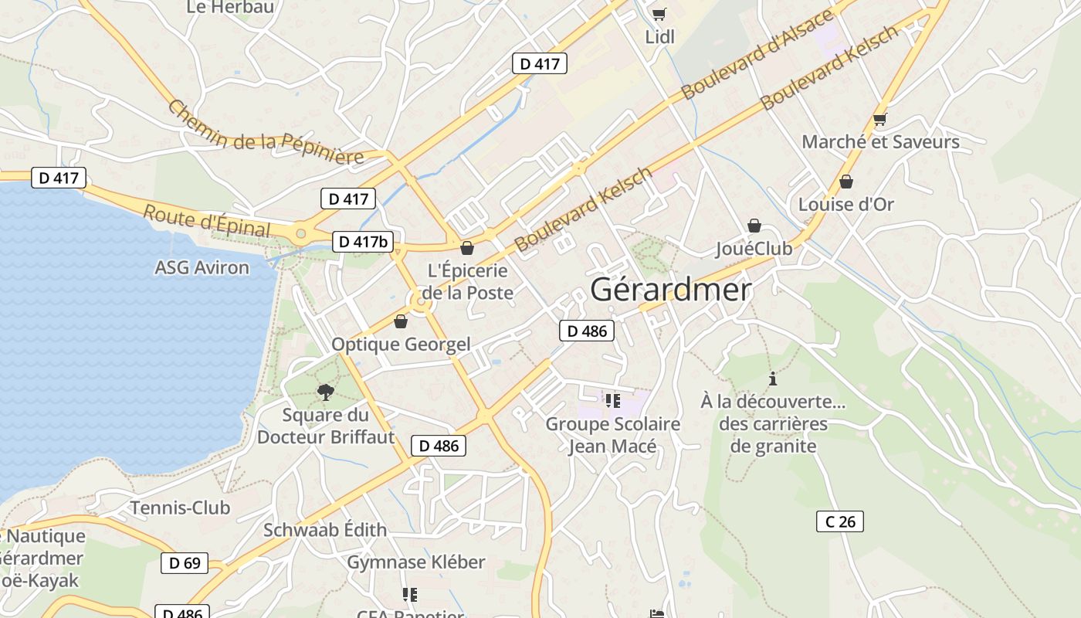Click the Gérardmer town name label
[670, 290]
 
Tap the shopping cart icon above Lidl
[659, 14]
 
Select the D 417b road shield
[363, 242]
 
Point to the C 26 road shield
[840, 521]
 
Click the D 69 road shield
[185, 563]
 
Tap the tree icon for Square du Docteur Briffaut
[325, 392]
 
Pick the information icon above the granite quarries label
[773, 379]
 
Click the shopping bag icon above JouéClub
[754, 226]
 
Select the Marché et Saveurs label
[880, 142]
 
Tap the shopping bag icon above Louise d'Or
[846, 182]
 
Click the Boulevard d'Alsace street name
[757, 55]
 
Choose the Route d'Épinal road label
[207, 221]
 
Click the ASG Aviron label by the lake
[202, 268]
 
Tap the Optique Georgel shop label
[401, 345]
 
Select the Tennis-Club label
[180, 508]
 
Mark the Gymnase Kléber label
[415, 562]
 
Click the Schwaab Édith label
[325, 531]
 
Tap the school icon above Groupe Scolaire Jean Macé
[613, 401]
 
